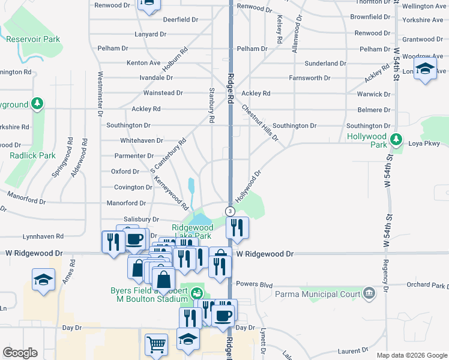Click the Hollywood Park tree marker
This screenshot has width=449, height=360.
click(396, 140)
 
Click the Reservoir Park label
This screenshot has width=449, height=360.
click(34, 39)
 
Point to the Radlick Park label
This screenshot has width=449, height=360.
click(32, 155)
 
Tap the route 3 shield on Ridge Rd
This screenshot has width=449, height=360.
click(229, 211)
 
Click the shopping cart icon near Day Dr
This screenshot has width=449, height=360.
click(156, 345)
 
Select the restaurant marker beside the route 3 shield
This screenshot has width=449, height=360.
click(238, 227)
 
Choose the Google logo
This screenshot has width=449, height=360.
click(20, 353)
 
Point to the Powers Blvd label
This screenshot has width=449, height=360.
click(255, 284)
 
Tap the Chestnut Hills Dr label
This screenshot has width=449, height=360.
click(260, 123)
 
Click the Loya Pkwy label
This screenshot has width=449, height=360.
click(424, 143)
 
